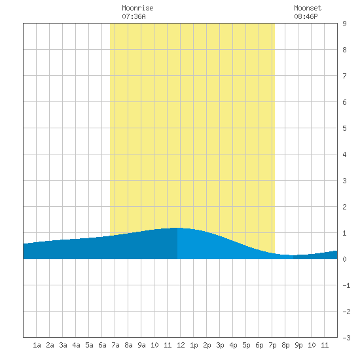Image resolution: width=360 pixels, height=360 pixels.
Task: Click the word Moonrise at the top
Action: click(x=137, y=8)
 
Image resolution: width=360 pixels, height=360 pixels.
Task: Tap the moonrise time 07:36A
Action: click(x=134, y=16)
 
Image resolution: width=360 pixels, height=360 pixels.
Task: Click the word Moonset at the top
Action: click(x=308, y=8)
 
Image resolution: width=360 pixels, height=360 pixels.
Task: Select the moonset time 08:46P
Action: click(x=306, y=16)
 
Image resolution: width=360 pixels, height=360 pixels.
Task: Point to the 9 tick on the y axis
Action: click(x=344, y=24)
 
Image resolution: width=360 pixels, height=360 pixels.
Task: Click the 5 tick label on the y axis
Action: click(x=344, y=128)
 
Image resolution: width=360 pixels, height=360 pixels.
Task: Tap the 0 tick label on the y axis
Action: click(x=344, y=259)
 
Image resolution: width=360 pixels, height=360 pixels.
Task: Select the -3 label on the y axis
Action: click(x=346, y=338)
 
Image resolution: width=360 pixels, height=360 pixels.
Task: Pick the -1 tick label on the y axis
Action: click(x=346, y=285)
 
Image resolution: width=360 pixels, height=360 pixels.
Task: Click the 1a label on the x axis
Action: click(x=37, y=345)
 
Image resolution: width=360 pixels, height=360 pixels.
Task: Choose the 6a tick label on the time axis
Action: click(x=102, y=345)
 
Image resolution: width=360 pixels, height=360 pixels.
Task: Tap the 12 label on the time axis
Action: click(x=181, y=345)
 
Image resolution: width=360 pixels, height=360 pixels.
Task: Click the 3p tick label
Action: click(x=220, y=345)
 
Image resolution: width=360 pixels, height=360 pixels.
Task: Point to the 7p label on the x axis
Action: click(x=272, y=345)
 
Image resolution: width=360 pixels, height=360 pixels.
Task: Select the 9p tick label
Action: click(x=298, y=345)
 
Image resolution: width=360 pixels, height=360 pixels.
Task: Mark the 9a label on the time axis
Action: click(x=141, y=345)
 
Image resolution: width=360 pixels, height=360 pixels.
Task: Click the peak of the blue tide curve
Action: click(x=177, y=228)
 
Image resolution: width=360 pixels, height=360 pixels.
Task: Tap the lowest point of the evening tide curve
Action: click(x=292, y=255)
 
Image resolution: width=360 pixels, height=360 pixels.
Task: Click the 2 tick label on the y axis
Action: click(x=344, y=207)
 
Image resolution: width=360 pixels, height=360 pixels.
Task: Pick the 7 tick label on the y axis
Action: click(x=344, y=76)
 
